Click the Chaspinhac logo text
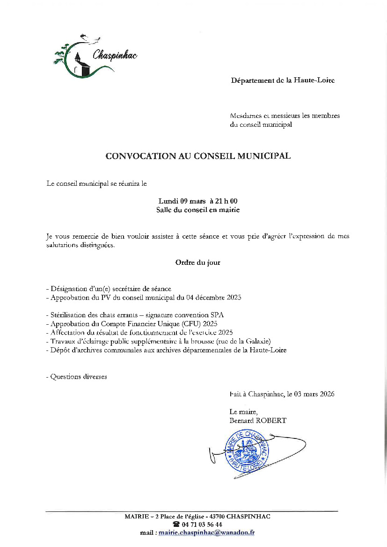coord(115,55)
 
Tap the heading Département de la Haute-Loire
coord(283,80)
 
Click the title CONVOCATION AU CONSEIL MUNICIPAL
coord(198,156)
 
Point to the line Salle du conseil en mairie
coord(198,210)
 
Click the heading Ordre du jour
coord(197,263)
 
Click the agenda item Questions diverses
coord(79,377)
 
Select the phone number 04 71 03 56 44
coord(202,525)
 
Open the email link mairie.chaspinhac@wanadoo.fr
coord(206,532)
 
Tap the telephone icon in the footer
coord(176,525)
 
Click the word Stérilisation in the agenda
coord(70,315)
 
